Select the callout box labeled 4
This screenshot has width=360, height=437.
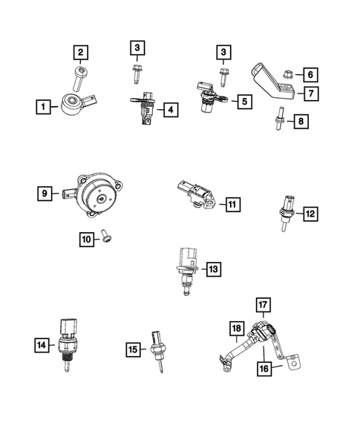point(171,111)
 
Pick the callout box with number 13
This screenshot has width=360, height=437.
point(213,269)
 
